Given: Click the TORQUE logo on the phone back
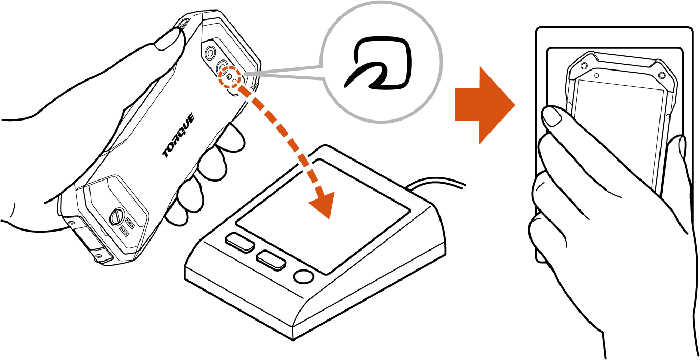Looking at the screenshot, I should [178, 135].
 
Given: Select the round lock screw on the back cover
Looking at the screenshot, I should [115, 218].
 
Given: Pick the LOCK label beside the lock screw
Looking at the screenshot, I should [124, 231].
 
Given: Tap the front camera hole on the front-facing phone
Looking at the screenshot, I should [596, 75].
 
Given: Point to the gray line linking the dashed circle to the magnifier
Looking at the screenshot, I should [284, 73].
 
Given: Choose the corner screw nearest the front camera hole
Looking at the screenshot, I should [584, 66].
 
